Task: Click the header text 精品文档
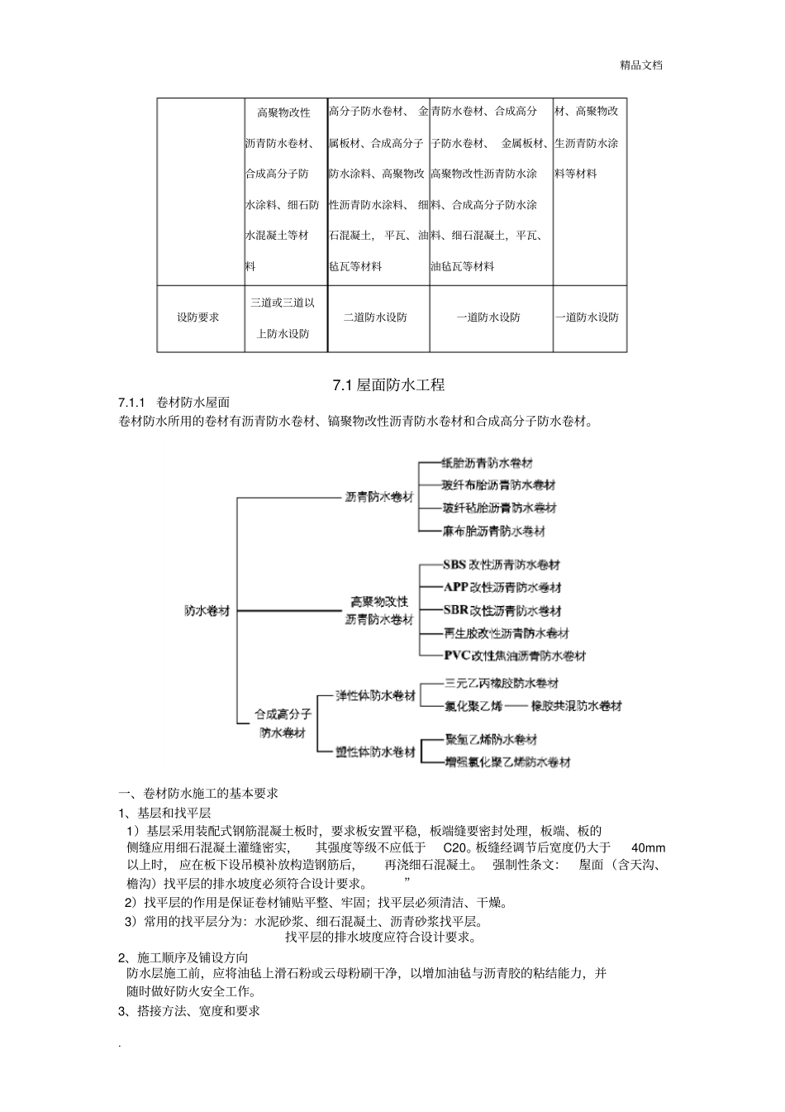tap(641, 65)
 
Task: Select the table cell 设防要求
tap(198, 317)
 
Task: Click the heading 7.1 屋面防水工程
tap(388, 384)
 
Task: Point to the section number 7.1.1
tap(132, 402)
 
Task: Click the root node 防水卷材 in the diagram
tap(207, 611)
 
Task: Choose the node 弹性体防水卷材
tap(375, 696)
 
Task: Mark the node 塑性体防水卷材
tap(375, 752)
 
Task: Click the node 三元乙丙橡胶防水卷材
tap(501, 683)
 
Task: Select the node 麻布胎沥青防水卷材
tap(493, 531)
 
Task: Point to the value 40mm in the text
tap(648, 847)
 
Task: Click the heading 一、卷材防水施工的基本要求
tap(198, 793)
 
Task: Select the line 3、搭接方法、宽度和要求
tap(189, 1011)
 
